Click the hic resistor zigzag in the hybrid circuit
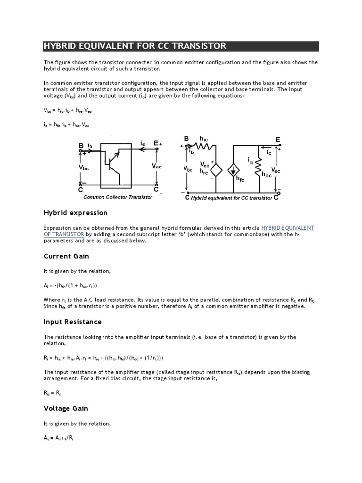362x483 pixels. click(204, 147)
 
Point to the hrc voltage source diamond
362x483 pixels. click(215, 170)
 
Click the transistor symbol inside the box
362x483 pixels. click(114, 163)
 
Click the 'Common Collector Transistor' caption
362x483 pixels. click(118, 197)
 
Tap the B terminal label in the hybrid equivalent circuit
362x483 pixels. click(186, 139)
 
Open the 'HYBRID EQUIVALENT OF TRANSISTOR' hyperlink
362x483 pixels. click(288, 228)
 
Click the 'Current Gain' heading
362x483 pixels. click(66, 256)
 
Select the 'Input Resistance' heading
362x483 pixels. click(73, 322)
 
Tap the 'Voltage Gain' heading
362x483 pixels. click(66, 408)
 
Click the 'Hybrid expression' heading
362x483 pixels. click(75, 213)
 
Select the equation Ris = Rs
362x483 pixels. click(52, 392)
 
